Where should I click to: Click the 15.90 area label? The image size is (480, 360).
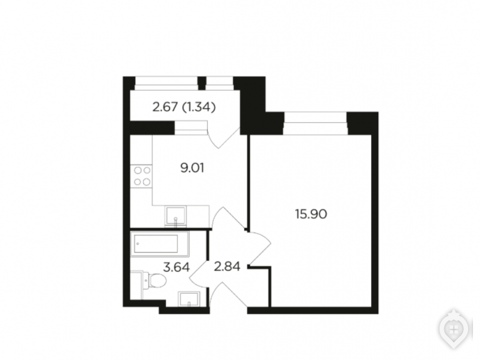pos(311,214)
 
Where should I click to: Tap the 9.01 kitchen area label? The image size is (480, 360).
pos(193,168)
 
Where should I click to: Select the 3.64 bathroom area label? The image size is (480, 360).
pos(177,267)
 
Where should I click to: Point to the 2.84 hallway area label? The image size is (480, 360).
pos(227,267)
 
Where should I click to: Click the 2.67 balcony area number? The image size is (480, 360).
pos(165,107)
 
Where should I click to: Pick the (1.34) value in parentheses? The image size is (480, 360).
pos(199,107)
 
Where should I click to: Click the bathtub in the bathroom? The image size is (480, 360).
pos(160,243)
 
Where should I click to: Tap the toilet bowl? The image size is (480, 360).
pos(155,280)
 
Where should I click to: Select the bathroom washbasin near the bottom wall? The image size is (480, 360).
pos(189,299)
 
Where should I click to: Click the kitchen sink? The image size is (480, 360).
pos(176,216)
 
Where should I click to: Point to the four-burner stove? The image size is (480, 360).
pos(142,177)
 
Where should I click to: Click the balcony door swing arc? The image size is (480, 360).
pos(225,139)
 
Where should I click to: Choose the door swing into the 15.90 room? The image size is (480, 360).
pos(259,248)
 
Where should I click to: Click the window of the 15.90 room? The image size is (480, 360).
pos(316,123)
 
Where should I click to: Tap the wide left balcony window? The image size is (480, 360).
pos(167,83)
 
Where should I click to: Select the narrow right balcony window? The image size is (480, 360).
pos(220,83)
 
